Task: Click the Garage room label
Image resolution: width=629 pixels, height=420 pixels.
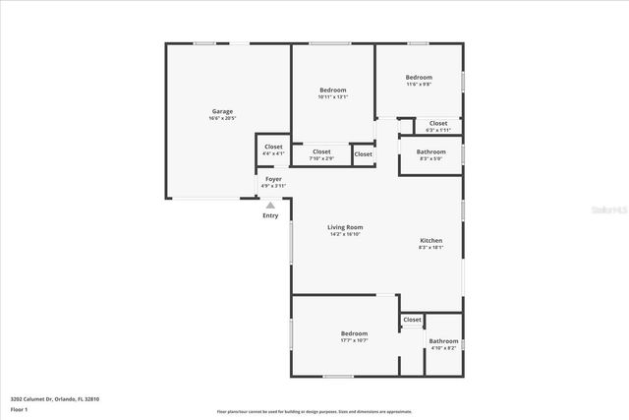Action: coord(222,111)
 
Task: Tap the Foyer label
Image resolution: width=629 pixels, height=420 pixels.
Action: coord(273,179)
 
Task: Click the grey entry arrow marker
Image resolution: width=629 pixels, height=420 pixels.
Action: coord(270,205)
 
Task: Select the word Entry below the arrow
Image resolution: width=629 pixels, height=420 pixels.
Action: coord(270,215)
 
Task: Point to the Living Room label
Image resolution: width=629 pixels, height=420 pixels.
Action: coord(346,227)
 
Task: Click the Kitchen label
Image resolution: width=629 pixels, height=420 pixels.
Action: coord(430,241)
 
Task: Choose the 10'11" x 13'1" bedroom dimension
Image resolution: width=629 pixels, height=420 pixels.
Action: coord(333,96)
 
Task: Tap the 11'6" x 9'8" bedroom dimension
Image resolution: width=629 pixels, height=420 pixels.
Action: coord(420,84)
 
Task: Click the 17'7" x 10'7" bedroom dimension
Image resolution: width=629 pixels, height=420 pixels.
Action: coord(354,340)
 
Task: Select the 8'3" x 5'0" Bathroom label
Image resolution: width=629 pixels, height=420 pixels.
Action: coord(430,151)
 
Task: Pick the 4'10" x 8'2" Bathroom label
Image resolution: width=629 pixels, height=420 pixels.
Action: coord(443,341)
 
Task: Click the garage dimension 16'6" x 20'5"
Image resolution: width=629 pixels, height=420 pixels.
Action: coord(222,118)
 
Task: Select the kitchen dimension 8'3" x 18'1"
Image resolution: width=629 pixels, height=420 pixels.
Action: coord(430,248)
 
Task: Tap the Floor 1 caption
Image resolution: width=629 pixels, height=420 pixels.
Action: coord(19,408)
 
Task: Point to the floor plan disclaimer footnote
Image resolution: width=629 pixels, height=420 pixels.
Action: coord(314,412)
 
